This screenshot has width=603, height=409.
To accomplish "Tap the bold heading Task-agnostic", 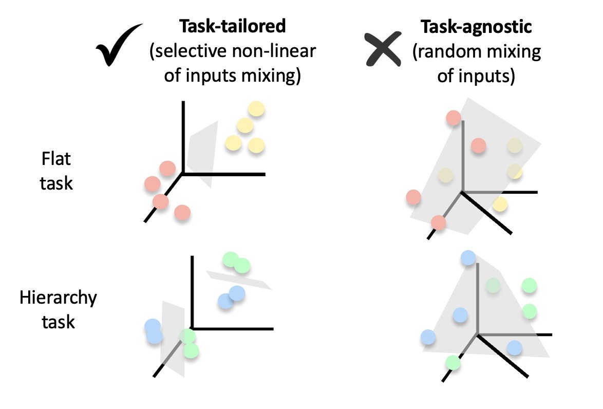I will pos(476,27).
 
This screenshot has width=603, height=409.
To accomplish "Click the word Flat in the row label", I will pos(56,159).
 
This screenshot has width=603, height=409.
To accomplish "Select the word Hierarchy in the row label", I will pos(58,298).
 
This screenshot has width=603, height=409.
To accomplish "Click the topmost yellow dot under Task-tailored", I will pos(256,109).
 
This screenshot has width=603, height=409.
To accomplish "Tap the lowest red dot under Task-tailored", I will pos(182,212).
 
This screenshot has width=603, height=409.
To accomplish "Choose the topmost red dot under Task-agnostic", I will pos(454,118).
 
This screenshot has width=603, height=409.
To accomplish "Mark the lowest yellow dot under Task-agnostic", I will pos(500,205).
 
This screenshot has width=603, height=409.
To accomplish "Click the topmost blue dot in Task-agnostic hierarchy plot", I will pos(468,257).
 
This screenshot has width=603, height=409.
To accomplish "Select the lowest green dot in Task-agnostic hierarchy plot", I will pos(453,363).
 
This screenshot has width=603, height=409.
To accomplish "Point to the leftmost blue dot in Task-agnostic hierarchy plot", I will pos(428,337).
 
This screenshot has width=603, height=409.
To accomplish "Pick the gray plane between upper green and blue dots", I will pos(239,280).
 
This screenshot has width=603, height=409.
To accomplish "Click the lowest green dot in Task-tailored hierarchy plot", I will pos(191,350).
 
